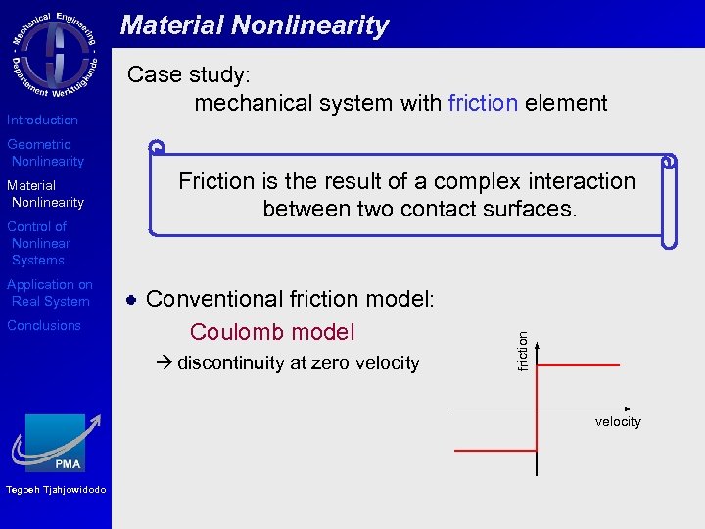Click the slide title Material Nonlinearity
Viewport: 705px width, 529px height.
255,25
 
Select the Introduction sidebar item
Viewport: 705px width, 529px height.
42,120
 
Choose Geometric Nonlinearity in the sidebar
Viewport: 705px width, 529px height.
45,153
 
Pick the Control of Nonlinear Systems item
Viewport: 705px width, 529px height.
39,243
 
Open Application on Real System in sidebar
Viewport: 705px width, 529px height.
49,293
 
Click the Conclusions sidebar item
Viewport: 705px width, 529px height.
44,326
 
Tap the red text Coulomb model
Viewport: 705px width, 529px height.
272,332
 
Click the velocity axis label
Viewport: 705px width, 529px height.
618,422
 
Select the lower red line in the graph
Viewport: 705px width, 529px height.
495,449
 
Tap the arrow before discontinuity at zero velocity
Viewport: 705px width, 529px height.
163,363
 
